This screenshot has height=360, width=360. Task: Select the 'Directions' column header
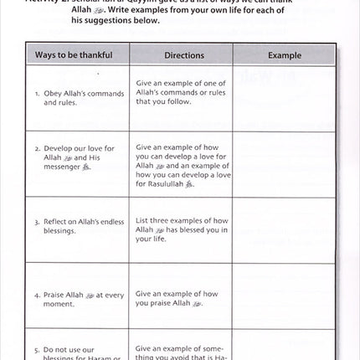pos(183,55)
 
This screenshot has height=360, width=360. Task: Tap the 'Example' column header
pos(284,55)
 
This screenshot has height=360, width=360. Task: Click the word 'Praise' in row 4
pos(54,295)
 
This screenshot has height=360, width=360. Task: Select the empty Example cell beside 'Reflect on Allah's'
pos(284,227)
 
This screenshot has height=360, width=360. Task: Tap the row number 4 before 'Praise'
pos(38,295)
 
